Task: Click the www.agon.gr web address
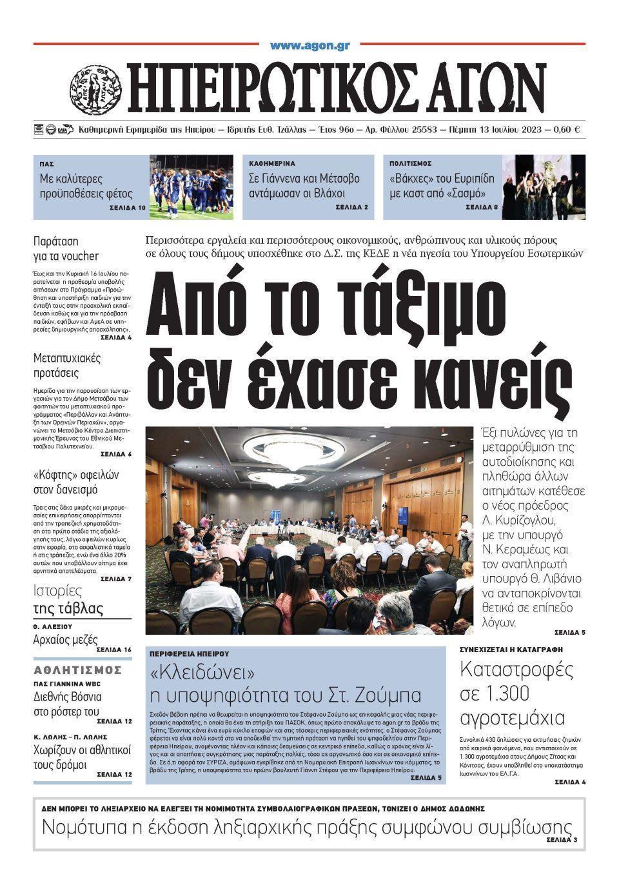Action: click(309, 46)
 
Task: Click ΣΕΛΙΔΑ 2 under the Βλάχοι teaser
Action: click(351, 207)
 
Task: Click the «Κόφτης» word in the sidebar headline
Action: click(54, 475)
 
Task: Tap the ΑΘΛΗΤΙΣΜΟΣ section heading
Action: click(77, 670)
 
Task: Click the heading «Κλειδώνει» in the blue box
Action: click(202, 673)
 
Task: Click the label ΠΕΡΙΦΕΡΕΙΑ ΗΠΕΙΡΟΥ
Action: click(189, 653)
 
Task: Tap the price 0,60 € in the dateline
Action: click(568, 130)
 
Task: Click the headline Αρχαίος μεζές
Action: click(65, 640)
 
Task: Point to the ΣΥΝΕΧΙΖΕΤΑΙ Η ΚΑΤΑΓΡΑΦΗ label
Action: click(511, 649)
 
